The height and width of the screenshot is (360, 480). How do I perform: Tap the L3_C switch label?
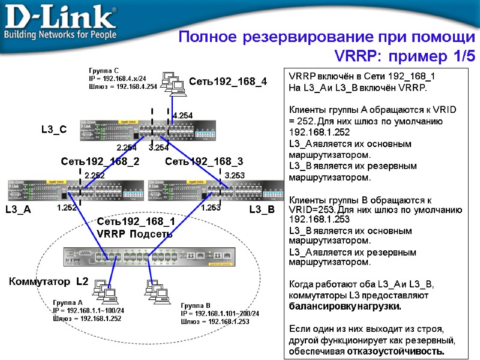tap(54, 129)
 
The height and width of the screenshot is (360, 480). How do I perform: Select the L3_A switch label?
tap(17, 210)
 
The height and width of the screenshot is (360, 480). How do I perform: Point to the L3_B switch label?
tap(262, 210)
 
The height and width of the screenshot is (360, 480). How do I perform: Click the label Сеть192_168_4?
tap(228, 81)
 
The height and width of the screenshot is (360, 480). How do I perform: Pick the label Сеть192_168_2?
tap(100, 161)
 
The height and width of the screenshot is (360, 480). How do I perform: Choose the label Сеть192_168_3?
tap(204, 161)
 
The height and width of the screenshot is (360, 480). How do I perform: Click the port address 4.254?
tap(182, 115)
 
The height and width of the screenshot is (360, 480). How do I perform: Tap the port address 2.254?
tap(127, 148)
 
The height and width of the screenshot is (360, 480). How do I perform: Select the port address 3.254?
tap(158, 148)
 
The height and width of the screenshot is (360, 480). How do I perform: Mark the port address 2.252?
tap(94, 175)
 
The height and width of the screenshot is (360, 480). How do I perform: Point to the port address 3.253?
tap(235, 175)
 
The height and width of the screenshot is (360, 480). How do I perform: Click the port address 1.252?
tap(67, 208)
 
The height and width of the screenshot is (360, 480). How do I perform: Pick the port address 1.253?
tap(211, 208)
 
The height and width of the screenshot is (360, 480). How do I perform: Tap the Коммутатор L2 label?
tap(49, 281)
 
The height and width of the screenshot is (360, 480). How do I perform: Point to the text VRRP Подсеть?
tap(134, 234)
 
